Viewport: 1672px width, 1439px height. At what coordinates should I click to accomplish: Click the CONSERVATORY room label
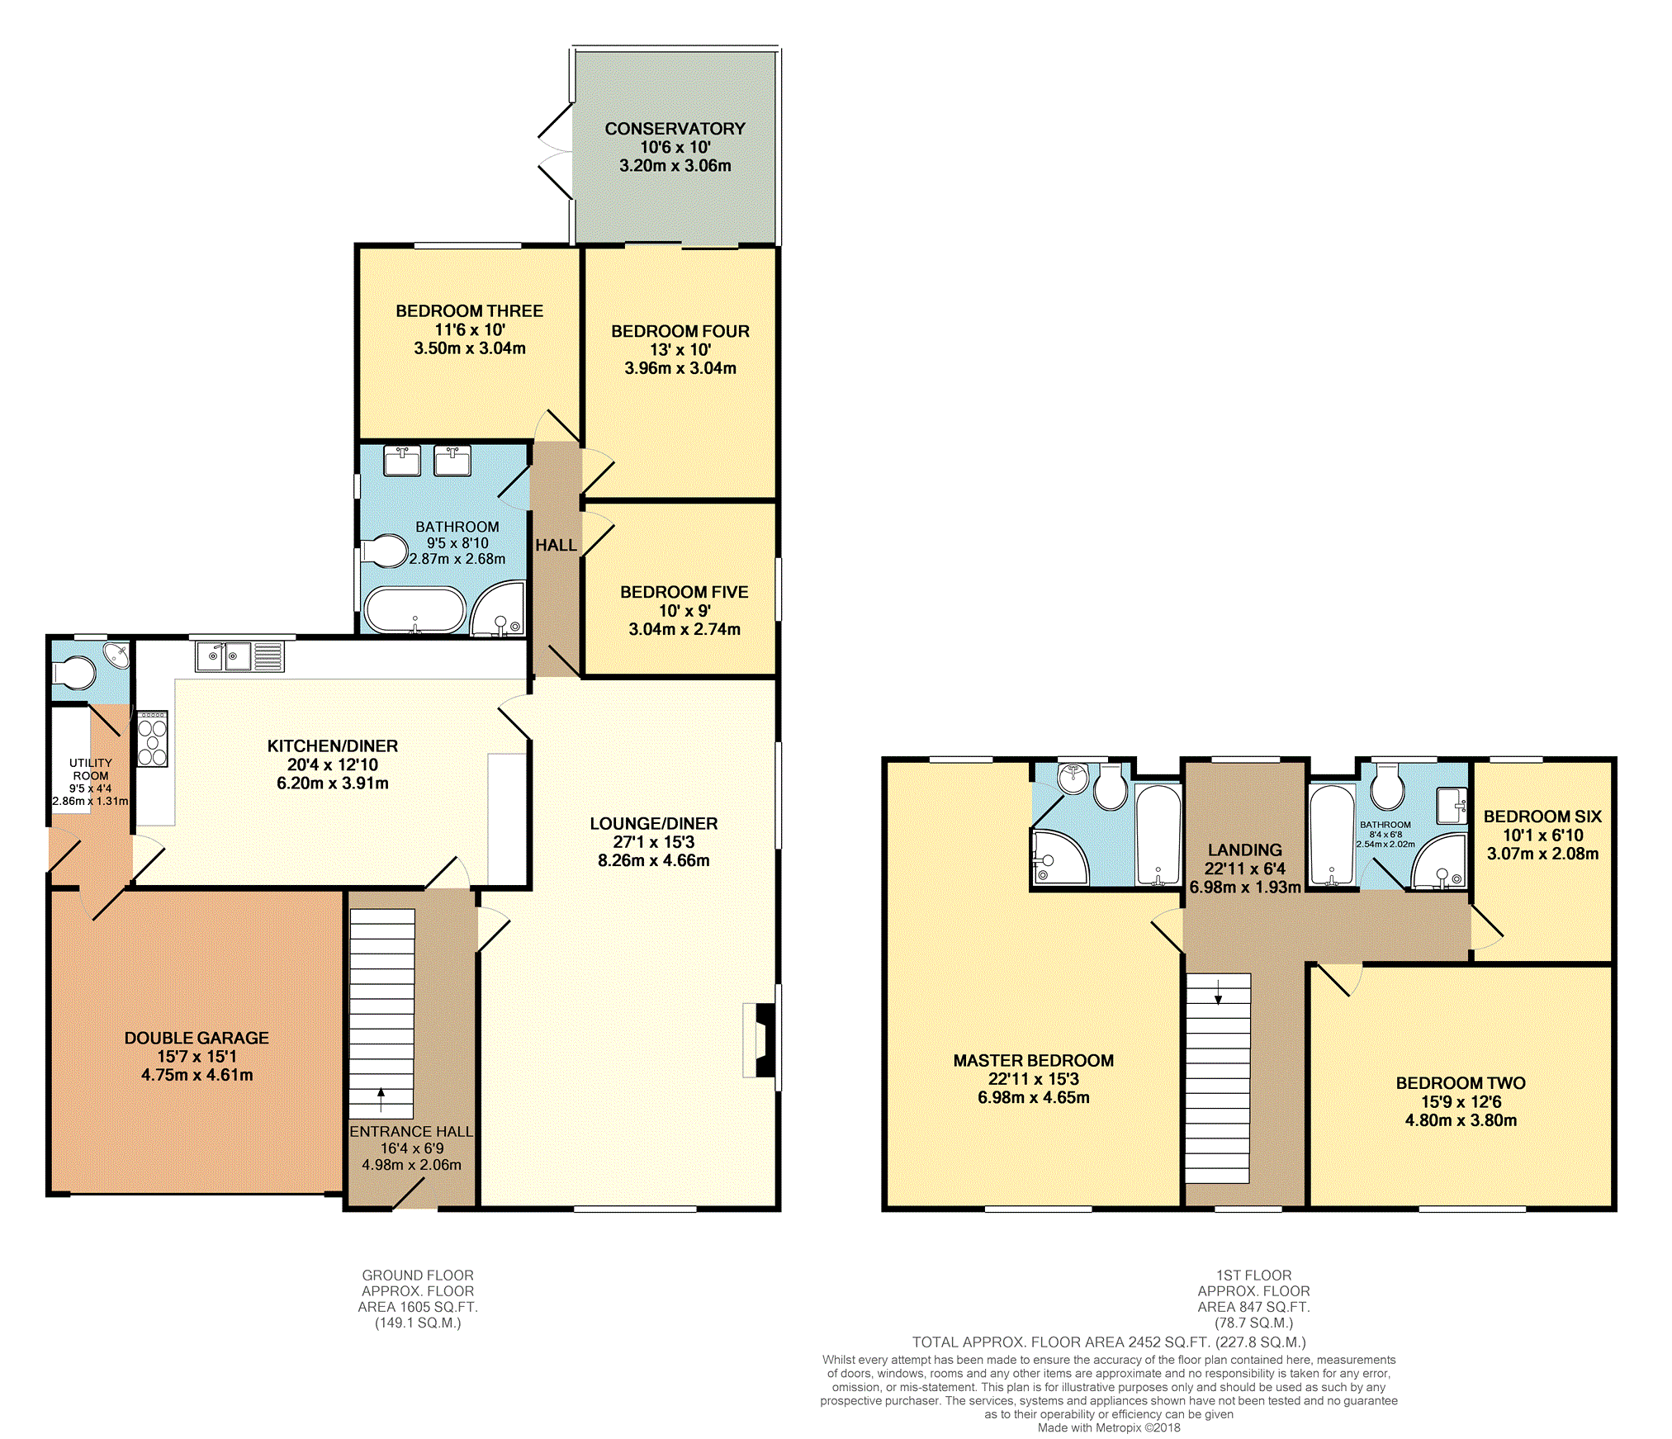coord(675,129)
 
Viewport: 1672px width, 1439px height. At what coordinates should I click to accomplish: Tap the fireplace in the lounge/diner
coord(762,1040)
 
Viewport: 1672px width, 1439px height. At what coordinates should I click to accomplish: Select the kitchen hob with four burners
coord(153,739)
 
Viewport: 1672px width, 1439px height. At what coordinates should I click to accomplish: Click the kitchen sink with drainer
coord(239,657)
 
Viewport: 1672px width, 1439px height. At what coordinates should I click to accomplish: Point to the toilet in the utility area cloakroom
coord(75,673)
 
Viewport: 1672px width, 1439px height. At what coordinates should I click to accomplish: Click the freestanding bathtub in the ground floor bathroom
coord(415,610)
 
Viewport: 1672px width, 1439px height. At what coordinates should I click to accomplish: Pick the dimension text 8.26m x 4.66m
coord(653,860)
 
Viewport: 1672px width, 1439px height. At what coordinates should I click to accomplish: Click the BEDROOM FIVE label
coord(684,592)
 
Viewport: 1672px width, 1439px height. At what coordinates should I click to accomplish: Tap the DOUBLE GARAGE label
coord(197,1038)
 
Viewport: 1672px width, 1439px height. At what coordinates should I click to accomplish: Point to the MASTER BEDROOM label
coord(1033,1060)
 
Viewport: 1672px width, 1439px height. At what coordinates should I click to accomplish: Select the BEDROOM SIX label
coord(1542,817)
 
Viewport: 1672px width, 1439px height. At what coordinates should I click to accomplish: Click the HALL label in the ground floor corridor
coord(556,545)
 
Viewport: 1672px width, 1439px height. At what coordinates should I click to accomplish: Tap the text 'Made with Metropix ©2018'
coord(1108,1427)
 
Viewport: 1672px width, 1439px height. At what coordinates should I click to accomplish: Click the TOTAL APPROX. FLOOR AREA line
coord(1108,1342)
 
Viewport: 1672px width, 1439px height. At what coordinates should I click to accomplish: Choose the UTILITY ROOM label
coord(91,769)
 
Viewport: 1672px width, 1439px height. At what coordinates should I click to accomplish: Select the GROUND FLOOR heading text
coord(417,1275)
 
